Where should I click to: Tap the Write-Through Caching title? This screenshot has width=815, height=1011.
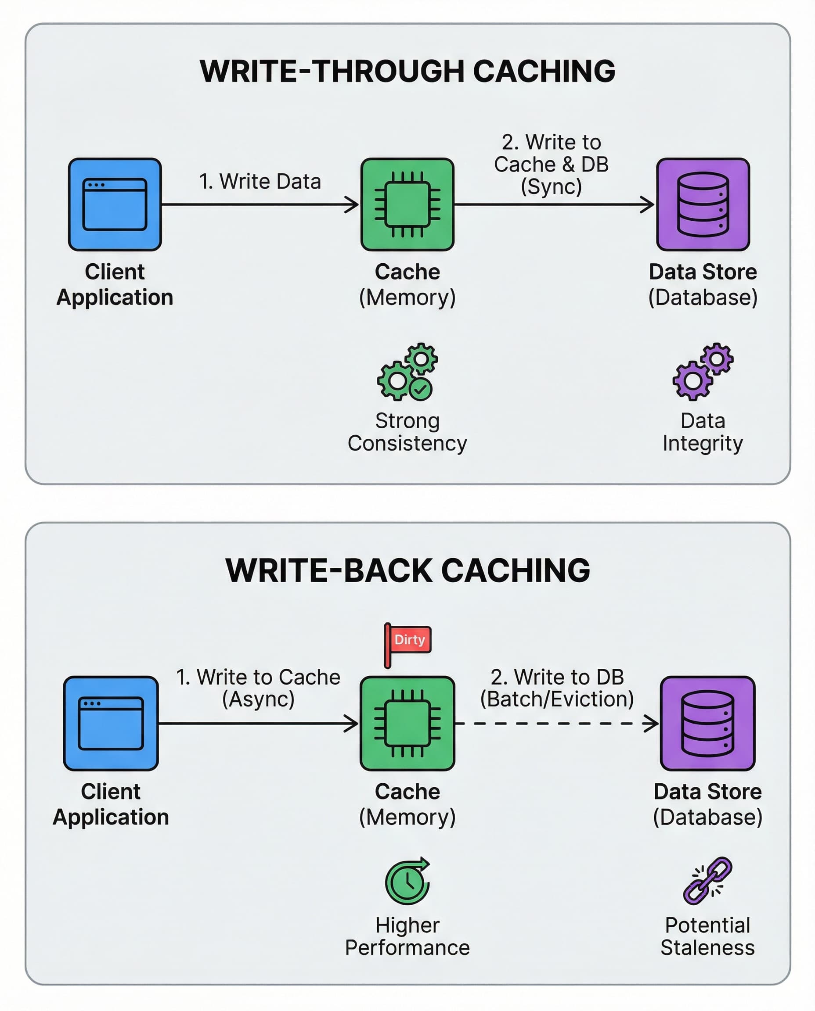[x=407, y=72]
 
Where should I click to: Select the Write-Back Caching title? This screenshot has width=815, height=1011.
[x=407, y=570]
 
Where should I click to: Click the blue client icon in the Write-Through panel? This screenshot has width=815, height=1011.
[x=115, y=204]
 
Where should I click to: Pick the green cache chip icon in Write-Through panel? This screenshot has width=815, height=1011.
[x=407, y=204]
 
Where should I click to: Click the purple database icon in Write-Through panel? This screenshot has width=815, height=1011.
[x=703, y=204]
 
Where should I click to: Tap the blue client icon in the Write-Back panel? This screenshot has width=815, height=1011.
[x=111, y=724]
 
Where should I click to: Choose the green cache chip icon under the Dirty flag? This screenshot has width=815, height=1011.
[x=407, y=724]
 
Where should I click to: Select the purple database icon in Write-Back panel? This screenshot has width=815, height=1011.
[x=707, y=724]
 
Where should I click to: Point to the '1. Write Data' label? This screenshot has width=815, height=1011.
[x=260, y=182]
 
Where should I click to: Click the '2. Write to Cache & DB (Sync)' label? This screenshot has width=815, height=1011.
[x=551, y=164]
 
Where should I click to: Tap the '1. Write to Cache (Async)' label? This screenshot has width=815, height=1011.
[x=258, y=688]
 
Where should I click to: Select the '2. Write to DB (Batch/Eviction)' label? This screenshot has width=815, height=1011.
[x=557, y=688]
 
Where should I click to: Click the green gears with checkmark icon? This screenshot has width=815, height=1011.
[x=407, y=372]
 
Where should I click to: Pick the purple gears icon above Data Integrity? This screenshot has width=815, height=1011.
[x=703, y=372]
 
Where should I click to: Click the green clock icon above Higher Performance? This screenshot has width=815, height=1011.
[x=407, y=881]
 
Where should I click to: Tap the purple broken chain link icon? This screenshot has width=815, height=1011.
[x=707, y=881]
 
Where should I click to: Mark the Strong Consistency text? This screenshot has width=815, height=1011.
[x=407, y=432]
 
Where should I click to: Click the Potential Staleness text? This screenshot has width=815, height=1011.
[x=707, y=936]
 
